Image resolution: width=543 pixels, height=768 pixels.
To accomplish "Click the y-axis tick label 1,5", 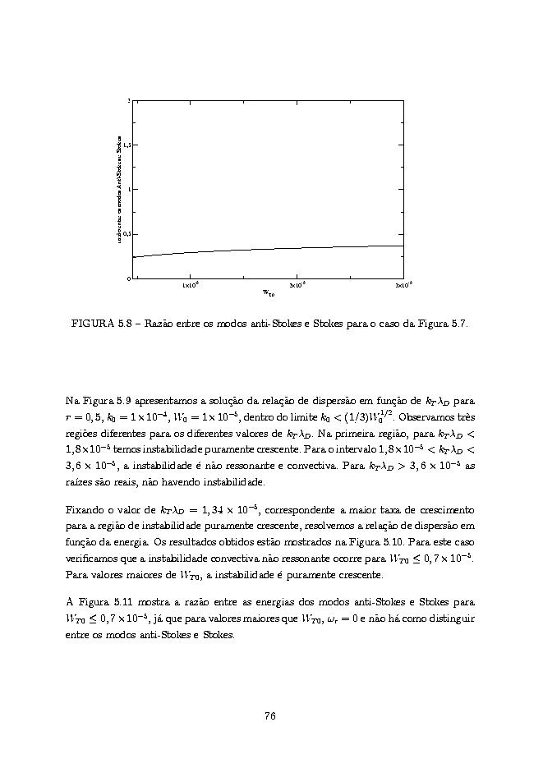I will coord(126,145).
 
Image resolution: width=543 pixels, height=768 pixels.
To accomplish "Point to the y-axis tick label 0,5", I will coord(126,234).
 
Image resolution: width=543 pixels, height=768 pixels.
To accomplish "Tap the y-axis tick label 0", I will coord(128,278).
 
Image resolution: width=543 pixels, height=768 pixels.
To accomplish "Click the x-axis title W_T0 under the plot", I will coord(269,292).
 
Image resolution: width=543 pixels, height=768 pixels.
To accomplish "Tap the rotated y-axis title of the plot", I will coord(119,189).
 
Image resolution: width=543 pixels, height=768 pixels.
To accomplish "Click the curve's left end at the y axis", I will coord(132,257).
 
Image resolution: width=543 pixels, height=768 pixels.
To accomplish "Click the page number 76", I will coord(269,715).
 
